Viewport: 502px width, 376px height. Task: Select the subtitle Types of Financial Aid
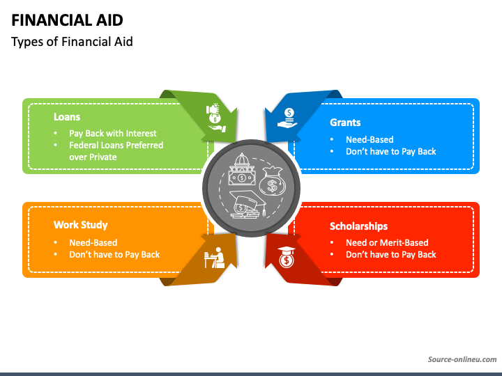(x=72, y=42)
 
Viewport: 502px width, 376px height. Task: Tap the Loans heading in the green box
(x=67, y=117)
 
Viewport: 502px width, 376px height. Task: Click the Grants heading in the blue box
(x=345, y=123)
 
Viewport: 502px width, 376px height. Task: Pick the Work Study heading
(x=80, y=225)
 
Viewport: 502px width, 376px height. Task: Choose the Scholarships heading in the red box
(x=358, y=226)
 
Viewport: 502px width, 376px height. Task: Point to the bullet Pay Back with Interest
(x=112, y=133)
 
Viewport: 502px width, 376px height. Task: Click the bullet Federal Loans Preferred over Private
(x=116, y=151)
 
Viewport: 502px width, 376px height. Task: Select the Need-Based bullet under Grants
(x=370, y=139)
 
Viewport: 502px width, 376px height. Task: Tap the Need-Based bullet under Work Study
(x=93, y=242)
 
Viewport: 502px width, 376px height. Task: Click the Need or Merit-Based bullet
(x=387, y=242)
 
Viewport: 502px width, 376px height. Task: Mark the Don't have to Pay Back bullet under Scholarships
(x=390, y=255)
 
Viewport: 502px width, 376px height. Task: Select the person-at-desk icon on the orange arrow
(x=214, y=258)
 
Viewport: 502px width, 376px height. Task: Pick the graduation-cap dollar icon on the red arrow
(x=286, y=258)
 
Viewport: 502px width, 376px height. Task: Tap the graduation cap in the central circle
(x=245, y=203)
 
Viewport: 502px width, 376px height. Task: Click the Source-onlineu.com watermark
(x=462, y=359)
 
